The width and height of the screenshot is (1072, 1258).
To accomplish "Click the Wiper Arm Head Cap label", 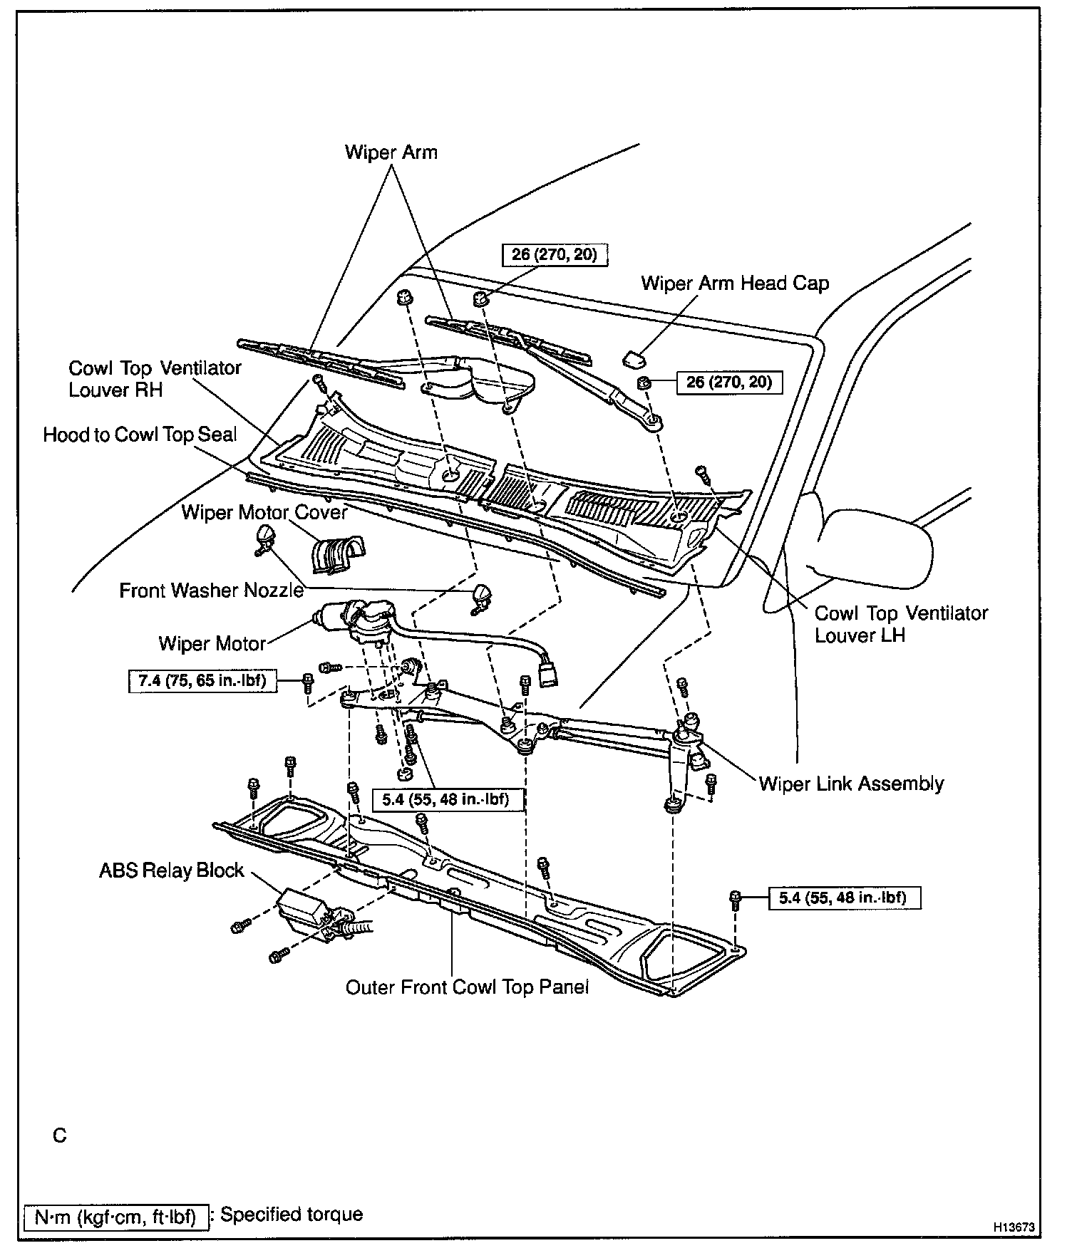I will coord(735,284).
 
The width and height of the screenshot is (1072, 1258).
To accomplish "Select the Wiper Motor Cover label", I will coord(264,512).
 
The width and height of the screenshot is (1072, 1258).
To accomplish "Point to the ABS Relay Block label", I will coord(171,870).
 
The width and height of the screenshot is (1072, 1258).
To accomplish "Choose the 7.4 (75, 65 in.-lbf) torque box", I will coord(202,680).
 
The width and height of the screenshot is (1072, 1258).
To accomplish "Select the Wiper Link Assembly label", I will coord(851,784).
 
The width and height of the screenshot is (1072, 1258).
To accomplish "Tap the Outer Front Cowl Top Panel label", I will coord(467,987).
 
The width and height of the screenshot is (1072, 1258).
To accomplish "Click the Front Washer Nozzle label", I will coord(211,591).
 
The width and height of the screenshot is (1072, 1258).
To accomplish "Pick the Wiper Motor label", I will coord(212,644).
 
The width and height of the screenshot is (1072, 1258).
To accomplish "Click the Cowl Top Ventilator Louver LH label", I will coord(901,624).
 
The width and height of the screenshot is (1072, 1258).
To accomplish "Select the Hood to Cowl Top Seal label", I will coord(140,435).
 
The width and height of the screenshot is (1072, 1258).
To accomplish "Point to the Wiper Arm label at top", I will coord(391,152).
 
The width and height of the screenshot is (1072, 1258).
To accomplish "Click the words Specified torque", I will coord(292,1215).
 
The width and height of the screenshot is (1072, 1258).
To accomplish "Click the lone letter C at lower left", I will coord(60,1135).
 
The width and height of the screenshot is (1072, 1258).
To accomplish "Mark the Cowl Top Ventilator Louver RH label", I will coord(155,379).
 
